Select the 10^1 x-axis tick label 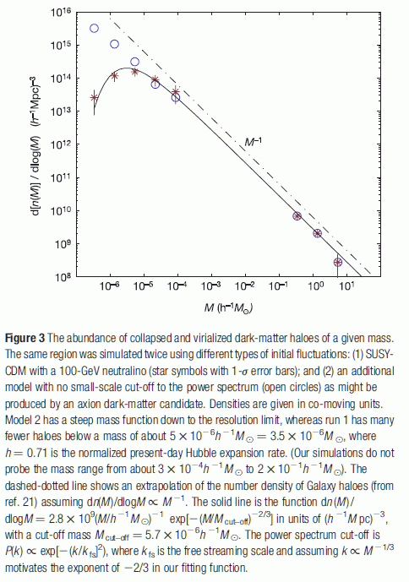coord(346,287)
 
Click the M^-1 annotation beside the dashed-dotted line coord(253,141)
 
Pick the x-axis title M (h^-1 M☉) coord(228,307)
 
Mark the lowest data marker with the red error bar coord(338,263)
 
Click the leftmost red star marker coord(95,98)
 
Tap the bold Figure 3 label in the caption coord(25,338)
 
